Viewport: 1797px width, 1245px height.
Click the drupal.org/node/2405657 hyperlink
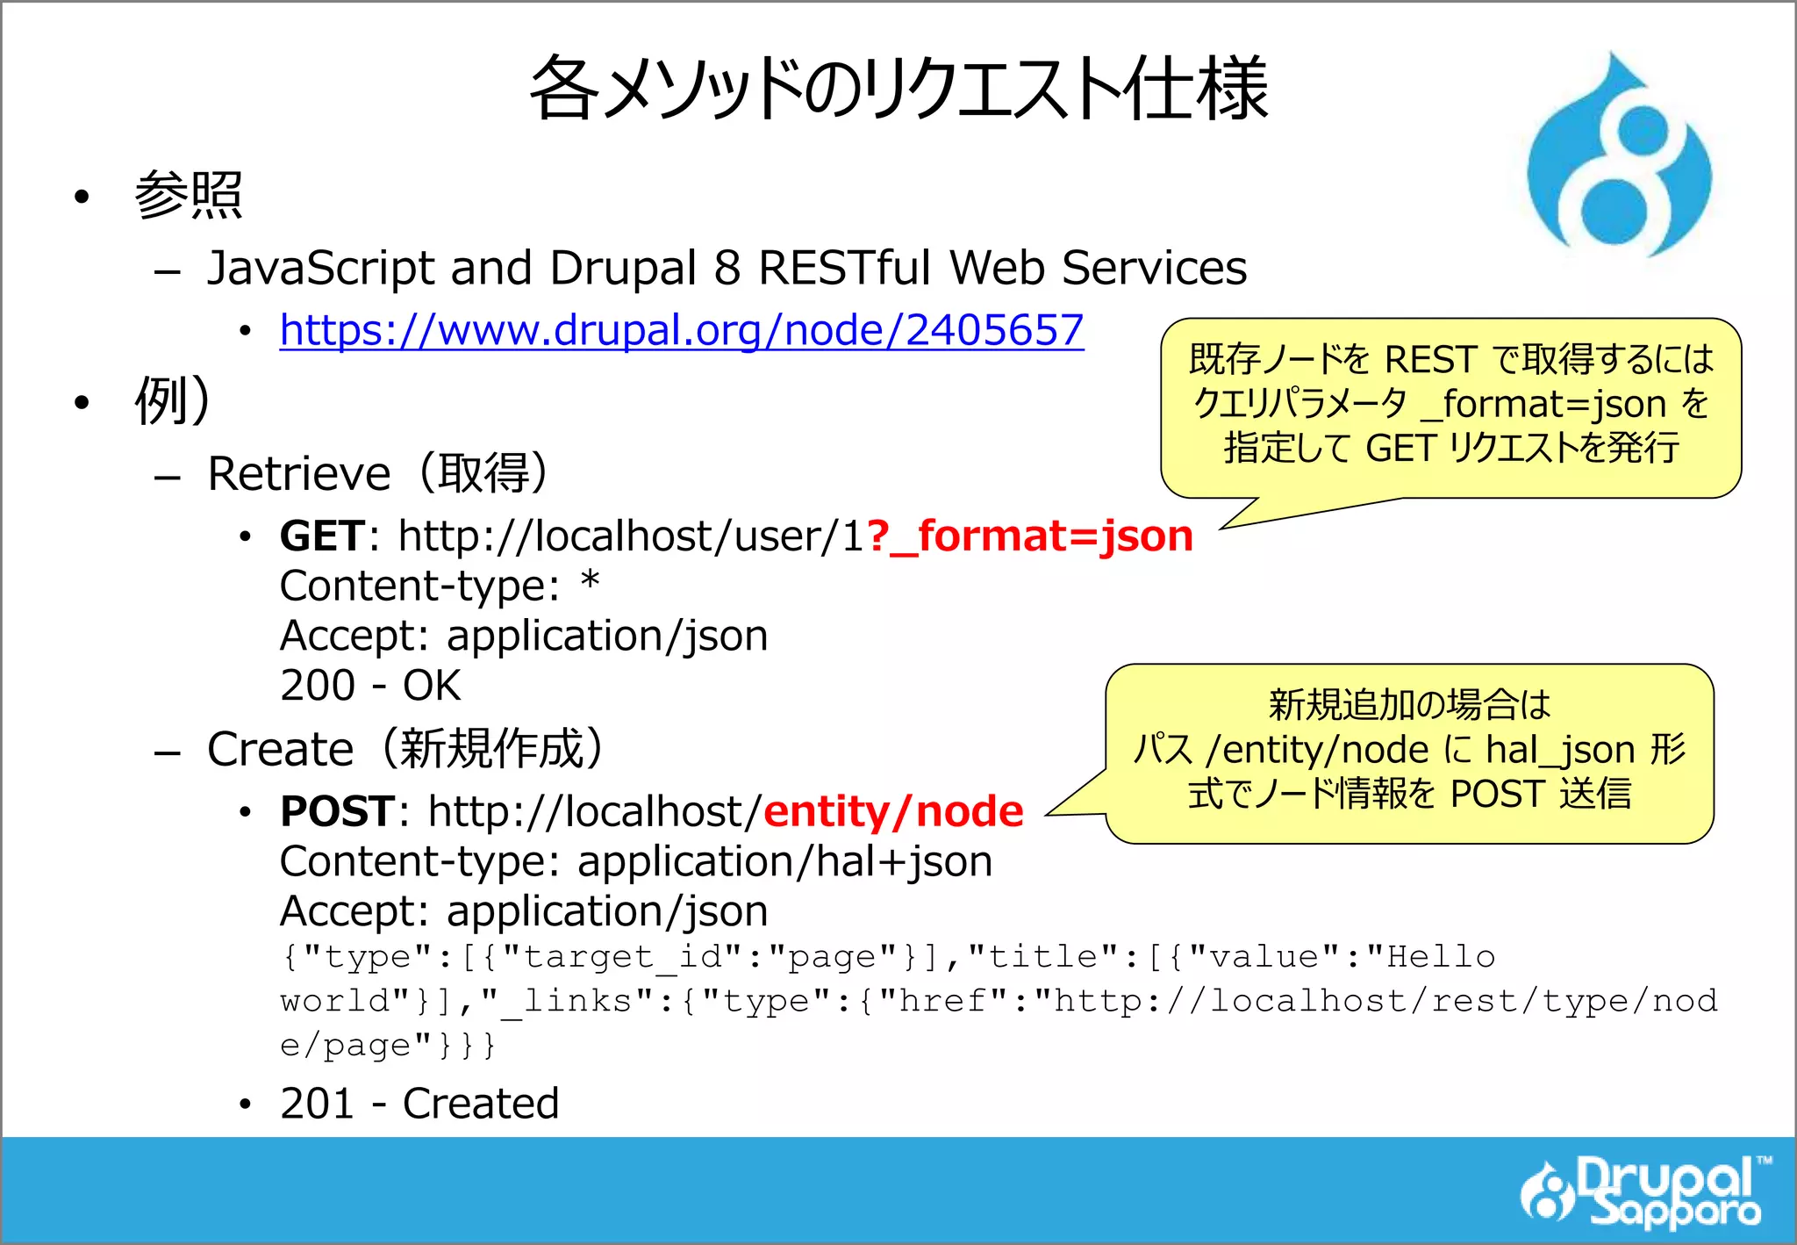(x=681, y=331)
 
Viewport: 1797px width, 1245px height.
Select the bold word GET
(x=321, y=536)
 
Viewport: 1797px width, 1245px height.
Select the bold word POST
(x=337, y=811)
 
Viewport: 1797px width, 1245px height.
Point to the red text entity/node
(x=893, y=811)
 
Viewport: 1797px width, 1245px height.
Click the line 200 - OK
(x=369, y=686)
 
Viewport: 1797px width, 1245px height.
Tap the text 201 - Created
(x=419, y=1104)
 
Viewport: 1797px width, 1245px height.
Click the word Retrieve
(x=298, y=475)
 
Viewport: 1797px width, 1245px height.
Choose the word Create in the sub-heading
(x=280, y=750)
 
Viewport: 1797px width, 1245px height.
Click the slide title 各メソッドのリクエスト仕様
(x=898, y=89)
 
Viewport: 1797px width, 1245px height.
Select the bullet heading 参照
(x=188, y=194)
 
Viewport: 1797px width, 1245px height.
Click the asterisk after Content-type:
(x=591, y=581)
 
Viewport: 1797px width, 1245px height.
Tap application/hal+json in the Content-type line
(x=784, y=862)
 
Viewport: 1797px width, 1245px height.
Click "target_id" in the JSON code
(x=623, y=957)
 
